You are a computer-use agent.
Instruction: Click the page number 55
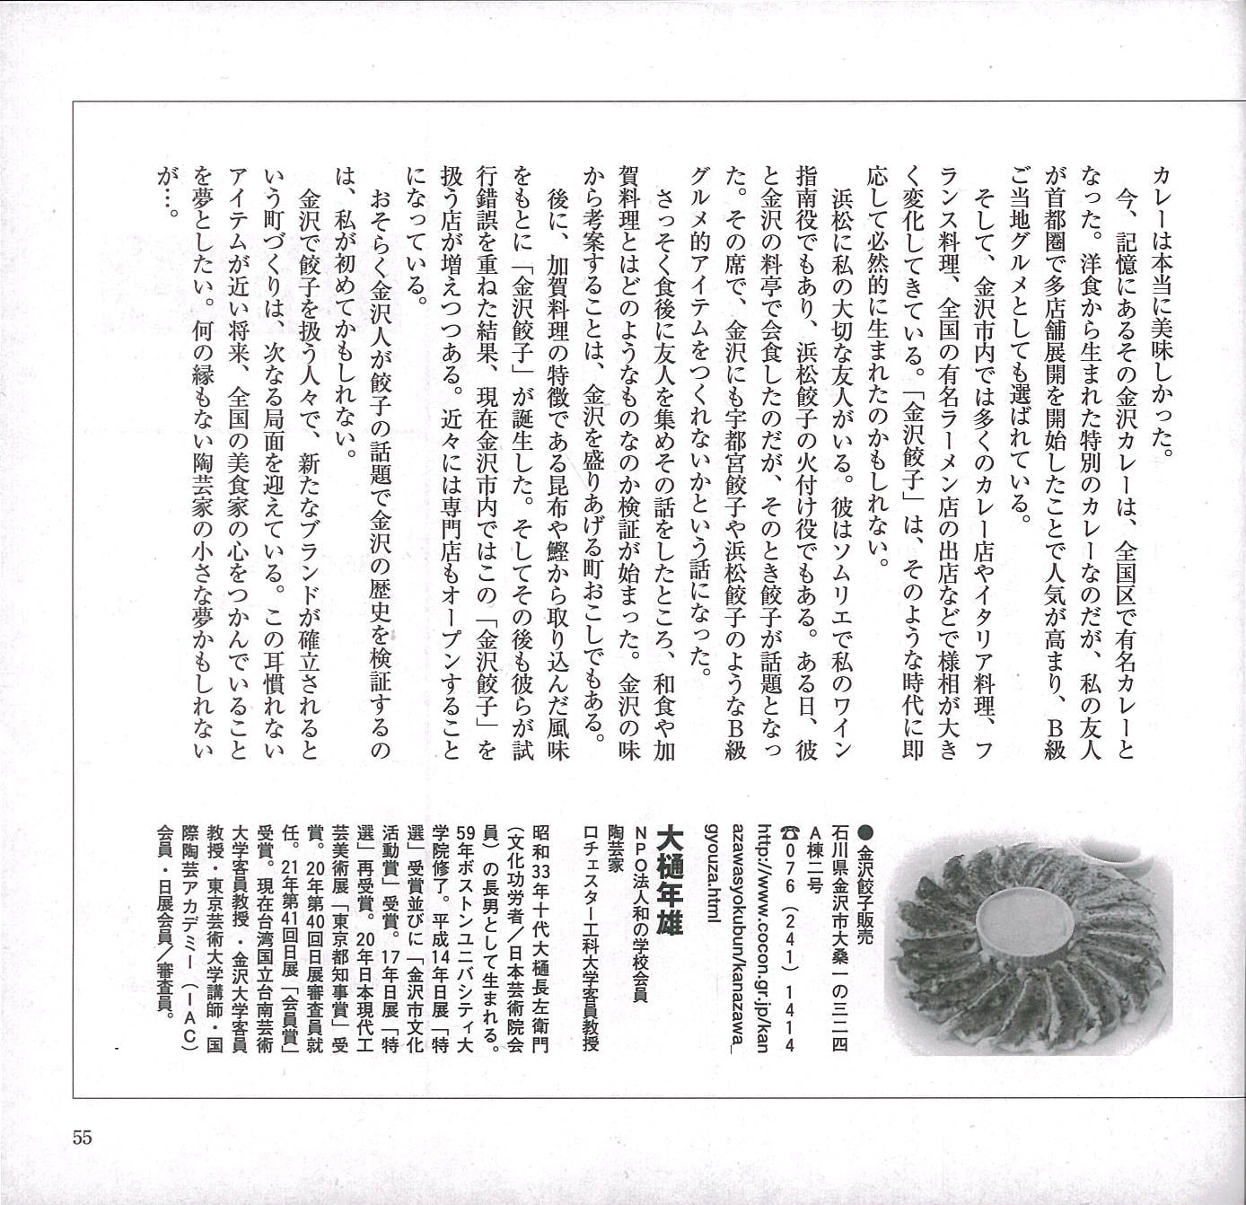pos(82,1137)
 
